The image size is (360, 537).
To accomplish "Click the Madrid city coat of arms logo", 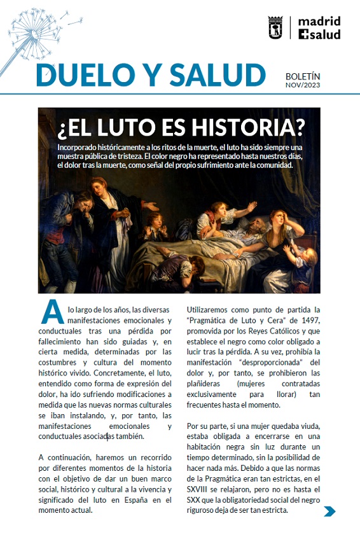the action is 275,27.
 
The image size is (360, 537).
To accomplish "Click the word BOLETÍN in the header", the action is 303,75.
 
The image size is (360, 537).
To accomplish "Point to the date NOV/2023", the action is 303,85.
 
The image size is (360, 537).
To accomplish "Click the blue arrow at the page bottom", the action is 329,511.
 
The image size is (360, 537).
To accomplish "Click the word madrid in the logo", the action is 319,20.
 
